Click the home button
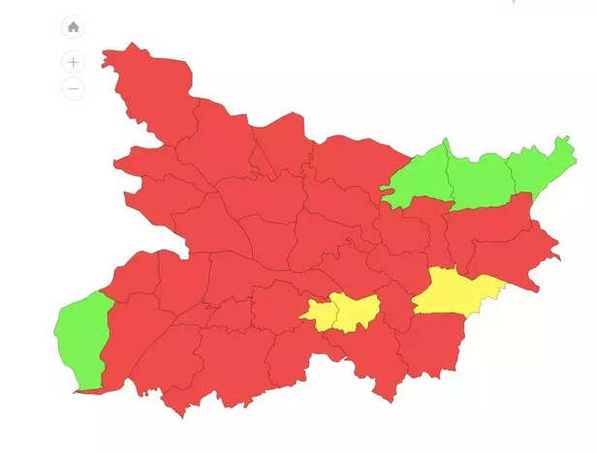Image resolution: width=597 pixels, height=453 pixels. click(x=73, y=27)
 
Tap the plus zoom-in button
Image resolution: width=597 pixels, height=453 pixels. click(x=73, y=62)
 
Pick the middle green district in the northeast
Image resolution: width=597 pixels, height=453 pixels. click(x=480, y=178)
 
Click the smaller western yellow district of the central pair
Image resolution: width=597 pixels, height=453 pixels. click(x=320, y=312)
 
